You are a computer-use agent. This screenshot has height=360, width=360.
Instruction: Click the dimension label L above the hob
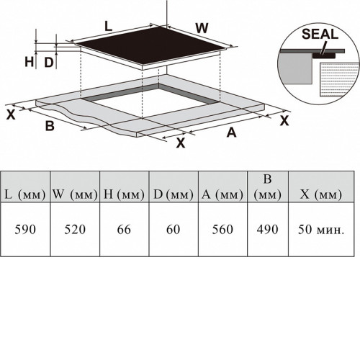tap(109, 27)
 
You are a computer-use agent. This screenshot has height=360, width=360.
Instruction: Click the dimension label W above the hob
tap(202, 28)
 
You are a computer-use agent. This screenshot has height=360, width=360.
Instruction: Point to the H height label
tap(30, 62)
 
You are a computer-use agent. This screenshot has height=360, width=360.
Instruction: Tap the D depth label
tap(49, 63)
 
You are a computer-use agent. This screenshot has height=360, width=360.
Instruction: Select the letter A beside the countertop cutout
tap(232, 132)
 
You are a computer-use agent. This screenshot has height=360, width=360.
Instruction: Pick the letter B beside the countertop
tap(50, 126)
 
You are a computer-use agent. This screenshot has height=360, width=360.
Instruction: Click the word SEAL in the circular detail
tap(320, 34)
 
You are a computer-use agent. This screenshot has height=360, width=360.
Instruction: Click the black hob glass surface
tap(152, 45)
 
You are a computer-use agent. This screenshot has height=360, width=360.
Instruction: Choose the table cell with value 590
tap(25, 230)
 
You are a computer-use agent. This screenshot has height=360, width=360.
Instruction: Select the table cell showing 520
tap(75, 230)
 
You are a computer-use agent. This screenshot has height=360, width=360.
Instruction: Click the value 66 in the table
tap(124, 230)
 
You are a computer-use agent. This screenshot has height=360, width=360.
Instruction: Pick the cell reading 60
tap(174, 230)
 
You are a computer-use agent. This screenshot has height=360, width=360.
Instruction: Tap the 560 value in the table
tap(222, 230)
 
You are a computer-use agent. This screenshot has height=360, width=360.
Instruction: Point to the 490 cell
tap(268, 230)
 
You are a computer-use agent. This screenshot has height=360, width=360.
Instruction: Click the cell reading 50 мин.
tap(321, 230)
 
